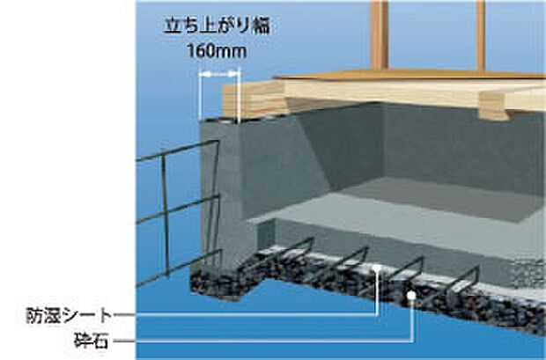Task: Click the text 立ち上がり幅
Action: pyautogui.click(x=217, y=26)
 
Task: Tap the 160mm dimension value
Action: pyautogui.click(x=217, y=51)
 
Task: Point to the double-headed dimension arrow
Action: pyautogui.click(x=219, y=74)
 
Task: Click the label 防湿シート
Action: pyautogui.click(x=69, y=316)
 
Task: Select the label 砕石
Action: pyautogui.click(x=92, y=341)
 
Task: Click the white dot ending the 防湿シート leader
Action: pyautogui.click(x=377, y=268)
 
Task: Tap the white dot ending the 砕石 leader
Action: pyautogui.click(x=411, y=295)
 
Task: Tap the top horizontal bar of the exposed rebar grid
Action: pyautogui.click(x=177, y=151)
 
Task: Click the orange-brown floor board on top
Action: pyautogui.click(x=411, y=75)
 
